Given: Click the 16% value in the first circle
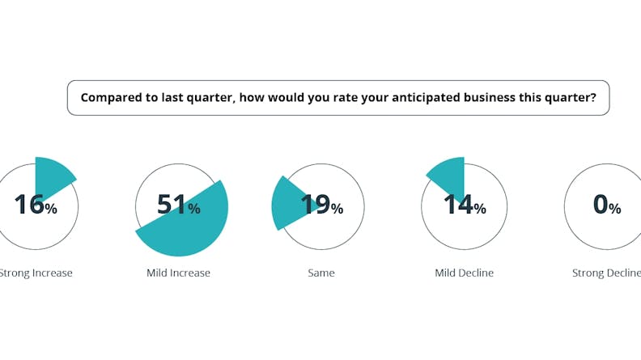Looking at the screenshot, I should point(35,205).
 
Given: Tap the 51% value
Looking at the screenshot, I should point(178,205).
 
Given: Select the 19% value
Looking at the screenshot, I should point(321,205).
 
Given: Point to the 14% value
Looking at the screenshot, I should point(465,205).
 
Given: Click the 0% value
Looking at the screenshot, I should point(606,205).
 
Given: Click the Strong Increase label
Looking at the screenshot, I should point(36,273).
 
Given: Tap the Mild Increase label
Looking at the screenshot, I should point(178,273).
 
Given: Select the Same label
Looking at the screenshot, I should point(321,273).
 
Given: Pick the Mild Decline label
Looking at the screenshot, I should point(464,273).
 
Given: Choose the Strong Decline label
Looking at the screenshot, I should point(606,273).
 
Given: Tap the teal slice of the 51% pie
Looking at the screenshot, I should point(190,227).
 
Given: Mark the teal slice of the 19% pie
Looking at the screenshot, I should point(286,204).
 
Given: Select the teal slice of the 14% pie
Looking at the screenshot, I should point(449,174).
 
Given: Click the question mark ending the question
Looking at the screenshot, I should point(592,98).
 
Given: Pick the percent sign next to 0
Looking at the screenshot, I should point(615,209).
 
